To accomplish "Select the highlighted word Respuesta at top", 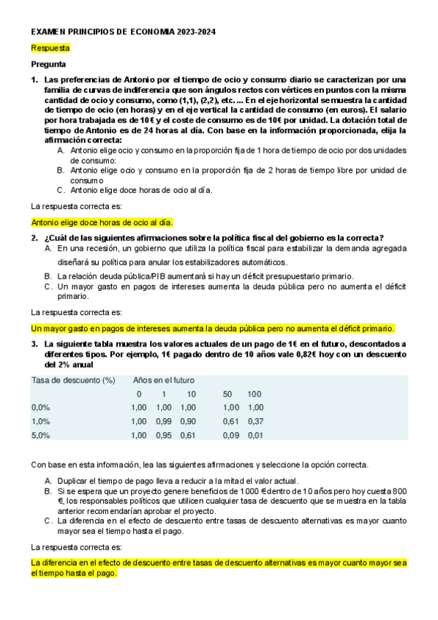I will click(50, 48).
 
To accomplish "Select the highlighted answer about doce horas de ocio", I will click(102, 222).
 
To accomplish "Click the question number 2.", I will click(34, 238).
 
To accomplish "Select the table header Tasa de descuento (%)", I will click(74, 380).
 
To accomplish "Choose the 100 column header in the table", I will click(254, 394).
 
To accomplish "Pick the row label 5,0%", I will click(41, 435).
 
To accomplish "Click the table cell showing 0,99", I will click(164, 421).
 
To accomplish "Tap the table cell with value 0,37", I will click(255, 421).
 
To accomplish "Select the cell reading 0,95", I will click(164, 435).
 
